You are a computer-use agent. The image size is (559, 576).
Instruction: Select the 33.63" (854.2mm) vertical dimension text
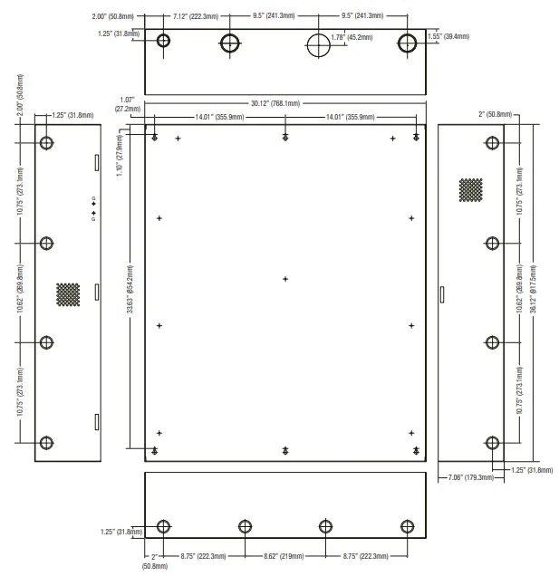[130, 290]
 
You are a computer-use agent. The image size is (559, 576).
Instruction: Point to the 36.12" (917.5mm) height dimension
[533, 290]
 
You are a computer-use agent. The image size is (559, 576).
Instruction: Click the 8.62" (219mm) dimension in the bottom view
[284, 555]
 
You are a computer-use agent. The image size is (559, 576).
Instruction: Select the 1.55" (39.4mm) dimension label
[448, 35]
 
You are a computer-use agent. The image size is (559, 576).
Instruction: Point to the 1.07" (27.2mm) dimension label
[128, 104]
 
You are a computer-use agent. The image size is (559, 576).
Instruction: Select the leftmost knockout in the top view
[163, 41]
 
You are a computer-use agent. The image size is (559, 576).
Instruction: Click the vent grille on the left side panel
[68, 293]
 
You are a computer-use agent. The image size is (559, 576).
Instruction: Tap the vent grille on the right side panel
[469, 188]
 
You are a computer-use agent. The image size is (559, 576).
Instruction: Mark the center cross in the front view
[285, 279]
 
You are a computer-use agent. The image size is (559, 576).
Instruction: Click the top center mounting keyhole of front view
[285, 137]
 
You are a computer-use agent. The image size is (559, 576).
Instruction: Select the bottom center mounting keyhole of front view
[285, 450]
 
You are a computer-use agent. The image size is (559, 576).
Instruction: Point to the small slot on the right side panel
[442, 294]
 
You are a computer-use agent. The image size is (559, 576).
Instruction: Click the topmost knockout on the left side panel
[46, 142]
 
